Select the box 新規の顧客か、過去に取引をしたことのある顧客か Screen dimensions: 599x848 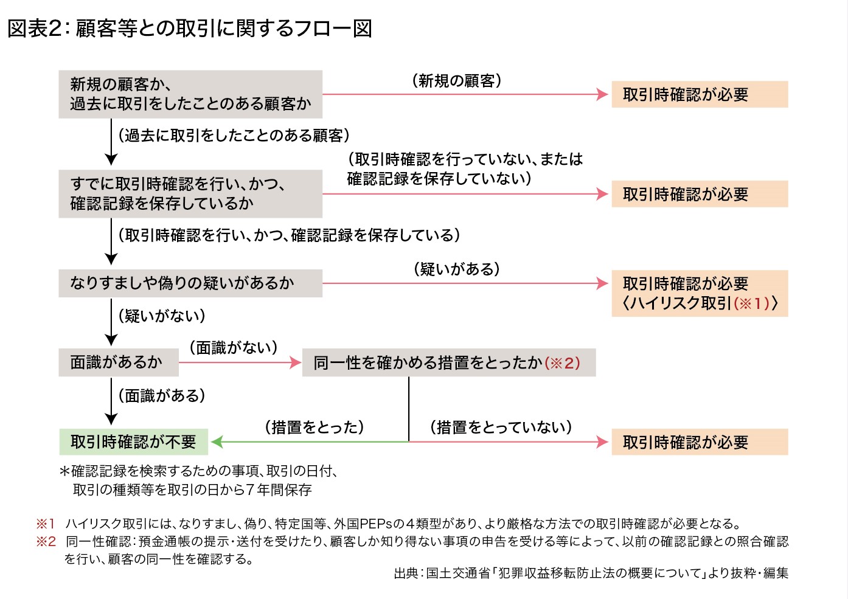pos(190,94)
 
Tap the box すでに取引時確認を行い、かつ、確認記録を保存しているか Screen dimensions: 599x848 pos(190,193)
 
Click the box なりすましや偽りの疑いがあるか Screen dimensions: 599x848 pos(190,283)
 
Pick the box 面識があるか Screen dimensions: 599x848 pos(118,362)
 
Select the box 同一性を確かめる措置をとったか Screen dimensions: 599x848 pos(448,363)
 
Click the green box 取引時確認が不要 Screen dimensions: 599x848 pos(134,442)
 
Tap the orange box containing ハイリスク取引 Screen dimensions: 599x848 pos(700,294)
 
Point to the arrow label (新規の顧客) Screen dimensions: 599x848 pos(457,81)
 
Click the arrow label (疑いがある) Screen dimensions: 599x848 pos(457,269)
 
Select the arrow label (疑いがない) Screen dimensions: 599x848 pos(162,316)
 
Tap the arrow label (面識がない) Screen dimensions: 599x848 pos(234,347)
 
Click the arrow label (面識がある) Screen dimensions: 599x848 pos(162,396)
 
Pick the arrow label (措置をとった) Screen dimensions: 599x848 pos(315,427)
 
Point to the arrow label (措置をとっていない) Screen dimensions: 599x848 pos(501,427)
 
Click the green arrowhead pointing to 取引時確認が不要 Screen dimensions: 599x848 pos(217,442)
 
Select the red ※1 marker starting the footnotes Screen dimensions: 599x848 pos(46,524)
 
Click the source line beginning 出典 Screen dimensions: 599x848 pos(591,573)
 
